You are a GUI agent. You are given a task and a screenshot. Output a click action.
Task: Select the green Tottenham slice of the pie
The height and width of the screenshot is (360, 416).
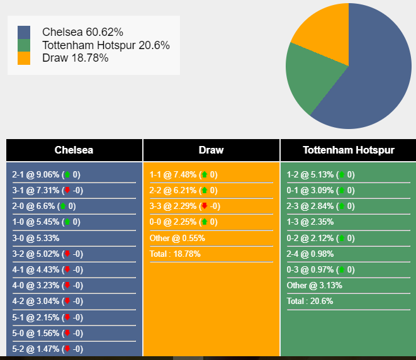tap(310, 74)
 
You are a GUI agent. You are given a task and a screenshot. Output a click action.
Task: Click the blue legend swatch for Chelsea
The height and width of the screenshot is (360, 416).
tap(24, 32)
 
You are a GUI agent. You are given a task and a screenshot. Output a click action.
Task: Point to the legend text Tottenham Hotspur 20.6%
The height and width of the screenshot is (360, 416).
tap(106, 45)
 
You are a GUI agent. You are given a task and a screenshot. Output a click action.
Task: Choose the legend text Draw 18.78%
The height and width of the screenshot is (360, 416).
tap(76, 58)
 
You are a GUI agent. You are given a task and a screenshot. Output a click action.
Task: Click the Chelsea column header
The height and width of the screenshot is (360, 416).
tap(74, 150)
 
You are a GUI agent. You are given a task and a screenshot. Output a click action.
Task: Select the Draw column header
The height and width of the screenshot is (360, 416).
tap(211, 150)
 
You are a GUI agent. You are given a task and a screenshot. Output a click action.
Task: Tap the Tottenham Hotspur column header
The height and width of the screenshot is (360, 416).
tap(349, 150)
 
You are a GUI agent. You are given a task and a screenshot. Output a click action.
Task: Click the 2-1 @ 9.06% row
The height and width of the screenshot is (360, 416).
tap(46, 174)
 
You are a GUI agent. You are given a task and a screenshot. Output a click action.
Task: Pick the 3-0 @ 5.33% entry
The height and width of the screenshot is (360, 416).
tap(36, 238)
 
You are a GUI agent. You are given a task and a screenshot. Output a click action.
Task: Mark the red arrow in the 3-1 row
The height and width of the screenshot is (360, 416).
tap(67, 190)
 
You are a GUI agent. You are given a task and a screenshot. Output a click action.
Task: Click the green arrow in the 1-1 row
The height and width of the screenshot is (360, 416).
tap(205, 174)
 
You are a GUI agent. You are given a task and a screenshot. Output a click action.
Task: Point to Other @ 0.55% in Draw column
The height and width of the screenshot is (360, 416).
tap(177, 238)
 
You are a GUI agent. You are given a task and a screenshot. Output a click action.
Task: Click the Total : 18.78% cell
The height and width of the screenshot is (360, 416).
tap(175, 254)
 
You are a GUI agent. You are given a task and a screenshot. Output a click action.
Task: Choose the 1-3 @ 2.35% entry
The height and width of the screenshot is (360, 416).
tap(310, 222)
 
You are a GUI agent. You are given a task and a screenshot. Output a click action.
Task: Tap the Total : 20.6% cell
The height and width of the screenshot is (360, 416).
tap(310, 301)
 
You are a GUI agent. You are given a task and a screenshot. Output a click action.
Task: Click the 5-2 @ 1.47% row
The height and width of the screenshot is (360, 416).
tap(47, 349)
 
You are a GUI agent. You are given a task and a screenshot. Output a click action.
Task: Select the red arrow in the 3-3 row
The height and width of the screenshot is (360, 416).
tap(205, 206)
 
